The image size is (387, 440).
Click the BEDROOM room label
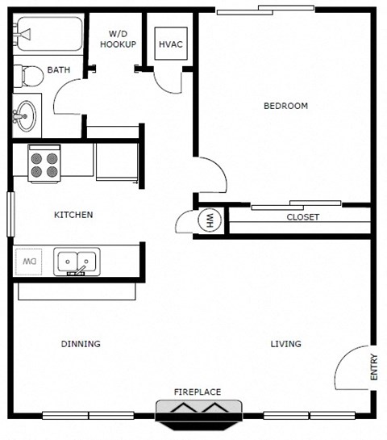285,106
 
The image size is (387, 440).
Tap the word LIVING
285,344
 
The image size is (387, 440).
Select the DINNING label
81,344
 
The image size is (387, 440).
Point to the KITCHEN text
73,215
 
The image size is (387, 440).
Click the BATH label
58,70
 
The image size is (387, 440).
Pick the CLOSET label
303,217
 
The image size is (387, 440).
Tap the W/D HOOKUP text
118,40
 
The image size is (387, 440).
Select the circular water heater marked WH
209,220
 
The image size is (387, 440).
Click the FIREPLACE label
198,392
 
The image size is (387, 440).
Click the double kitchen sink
77,262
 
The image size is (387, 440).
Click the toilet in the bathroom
30,76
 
